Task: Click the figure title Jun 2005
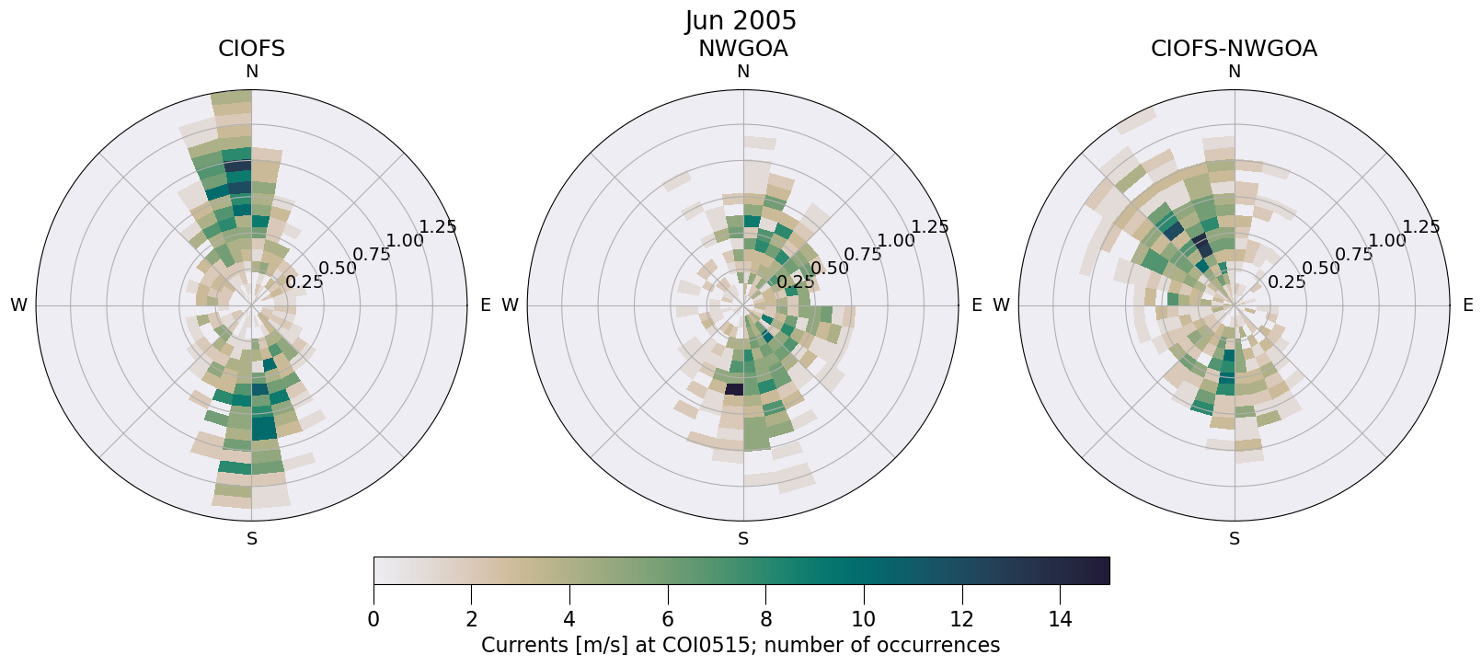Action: tap(741, 21)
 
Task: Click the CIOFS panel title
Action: tap(251, 49)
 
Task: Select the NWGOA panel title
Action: tap(742, 49)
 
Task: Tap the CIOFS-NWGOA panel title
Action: tap(1234, 49)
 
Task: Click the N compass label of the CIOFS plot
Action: tap(251, 72)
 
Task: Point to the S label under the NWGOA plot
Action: tap(743, 539)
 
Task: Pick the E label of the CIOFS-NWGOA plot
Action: tap(1467, 305)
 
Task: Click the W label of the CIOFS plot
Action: tap(18, 305)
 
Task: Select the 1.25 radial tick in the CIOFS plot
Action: tap(438, 227)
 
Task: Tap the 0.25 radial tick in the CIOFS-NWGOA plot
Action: tap(1286, 282)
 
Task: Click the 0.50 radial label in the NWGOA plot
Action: tap(830, 269)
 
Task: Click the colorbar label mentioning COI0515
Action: tap(741, 646)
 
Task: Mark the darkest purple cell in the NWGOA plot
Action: tap(733, 389)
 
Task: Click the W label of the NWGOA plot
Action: tap(510, 305)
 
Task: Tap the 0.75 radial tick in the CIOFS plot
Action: tap(372, 255)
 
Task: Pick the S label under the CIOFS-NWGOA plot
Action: tap(1235, 539)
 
